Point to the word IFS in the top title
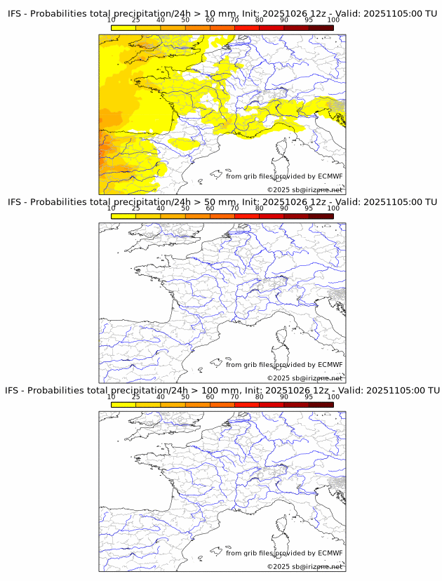coord(15,14)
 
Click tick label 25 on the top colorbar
coord(135,20)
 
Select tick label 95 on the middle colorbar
coord(309,208)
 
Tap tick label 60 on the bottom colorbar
coord(210,396)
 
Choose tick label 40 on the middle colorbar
coord(161,208)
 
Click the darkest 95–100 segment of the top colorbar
coord(321,28)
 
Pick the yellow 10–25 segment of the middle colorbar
coord(123,216)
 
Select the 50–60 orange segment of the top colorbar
coord(197,28)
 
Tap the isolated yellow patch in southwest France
coord(183,144)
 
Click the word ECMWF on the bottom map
coord(330,553)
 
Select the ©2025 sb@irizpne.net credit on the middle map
coord(304,378)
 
